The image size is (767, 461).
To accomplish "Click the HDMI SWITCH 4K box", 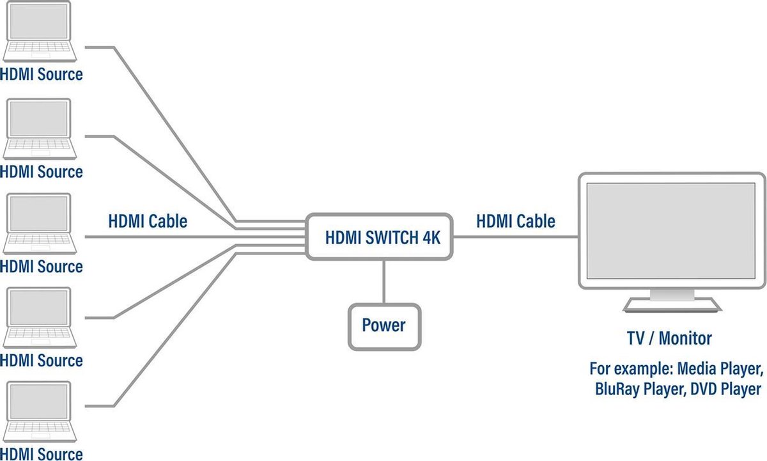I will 382,237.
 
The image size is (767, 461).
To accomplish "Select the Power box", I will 383,326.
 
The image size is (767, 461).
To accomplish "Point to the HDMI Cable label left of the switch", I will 148,221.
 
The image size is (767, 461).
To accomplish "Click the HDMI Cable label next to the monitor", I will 515,221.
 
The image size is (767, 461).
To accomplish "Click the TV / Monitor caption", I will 669,338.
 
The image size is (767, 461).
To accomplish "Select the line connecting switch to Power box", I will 383,281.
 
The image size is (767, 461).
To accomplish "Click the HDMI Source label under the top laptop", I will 42,74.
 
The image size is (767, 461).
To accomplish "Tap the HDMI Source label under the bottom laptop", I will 42,454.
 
